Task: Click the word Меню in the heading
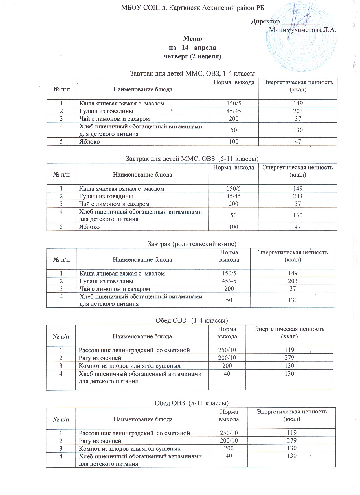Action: [x=192, y=39]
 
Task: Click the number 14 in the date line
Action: [x=185, y=47]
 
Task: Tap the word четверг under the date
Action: [x=176, y=56]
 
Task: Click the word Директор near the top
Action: [x=265, y=21]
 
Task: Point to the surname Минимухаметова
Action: [x=295, y=30]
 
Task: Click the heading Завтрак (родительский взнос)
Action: [x=192, y=244]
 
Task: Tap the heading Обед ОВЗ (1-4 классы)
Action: [x=192, y=320]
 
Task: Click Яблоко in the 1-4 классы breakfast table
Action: [x=89, y=142]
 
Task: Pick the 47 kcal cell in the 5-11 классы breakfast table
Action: [x=298, y=227]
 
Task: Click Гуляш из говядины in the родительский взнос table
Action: [x=106, y=281]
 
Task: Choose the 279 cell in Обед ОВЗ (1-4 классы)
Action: [x=289, y=358]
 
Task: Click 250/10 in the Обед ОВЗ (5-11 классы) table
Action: [x=229, y=433]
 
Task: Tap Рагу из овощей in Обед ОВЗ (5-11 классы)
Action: [x=100, y=441]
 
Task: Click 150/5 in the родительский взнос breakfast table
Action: [x=229, y=273]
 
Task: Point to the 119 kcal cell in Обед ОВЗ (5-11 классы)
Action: [x=292, y=433]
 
